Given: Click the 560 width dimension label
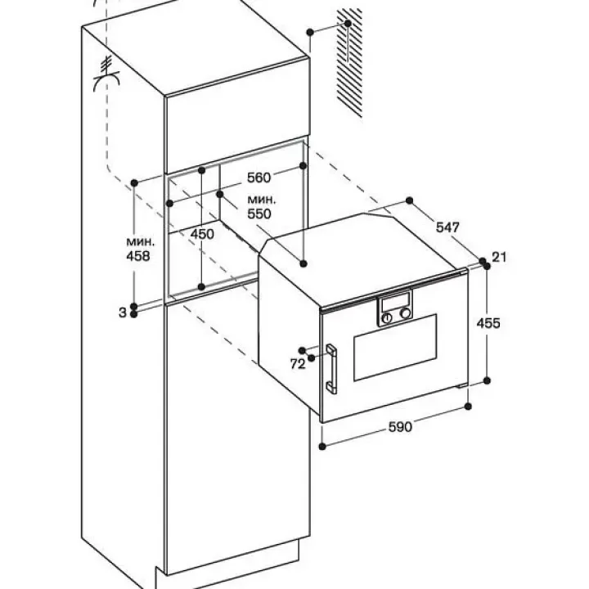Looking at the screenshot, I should click(x=259, y=178).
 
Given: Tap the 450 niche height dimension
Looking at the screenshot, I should click(x=201, y=234).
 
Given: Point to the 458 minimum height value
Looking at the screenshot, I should click(x=138, y=256).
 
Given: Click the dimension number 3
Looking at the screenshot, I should click(x=122, y=312).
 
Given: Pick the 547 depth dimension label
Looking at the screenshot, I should click(x=447, y=228).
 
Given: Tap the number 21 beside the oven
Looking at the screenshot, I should click(x=500, y=257).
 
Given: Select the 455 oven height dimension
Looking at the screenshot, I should click(x=488, y=322).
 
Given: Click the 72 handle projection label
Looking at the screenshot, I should click(x=297, y=363).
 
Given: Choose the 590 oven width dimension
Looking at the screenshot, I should click(x=400, y=426).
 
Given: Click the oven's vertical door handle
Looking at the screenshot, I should click(x=334, y=369).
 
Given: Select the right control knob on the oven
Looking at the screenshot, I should click(x=405, y=312).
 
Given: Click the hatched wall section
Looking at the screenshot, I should click(x=350, y=61).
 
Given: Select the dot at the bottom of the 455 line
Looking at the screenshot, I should click(x=487, y=380).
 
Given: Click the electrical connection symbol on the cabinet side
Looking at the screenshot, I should click(x=106, y=70).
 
